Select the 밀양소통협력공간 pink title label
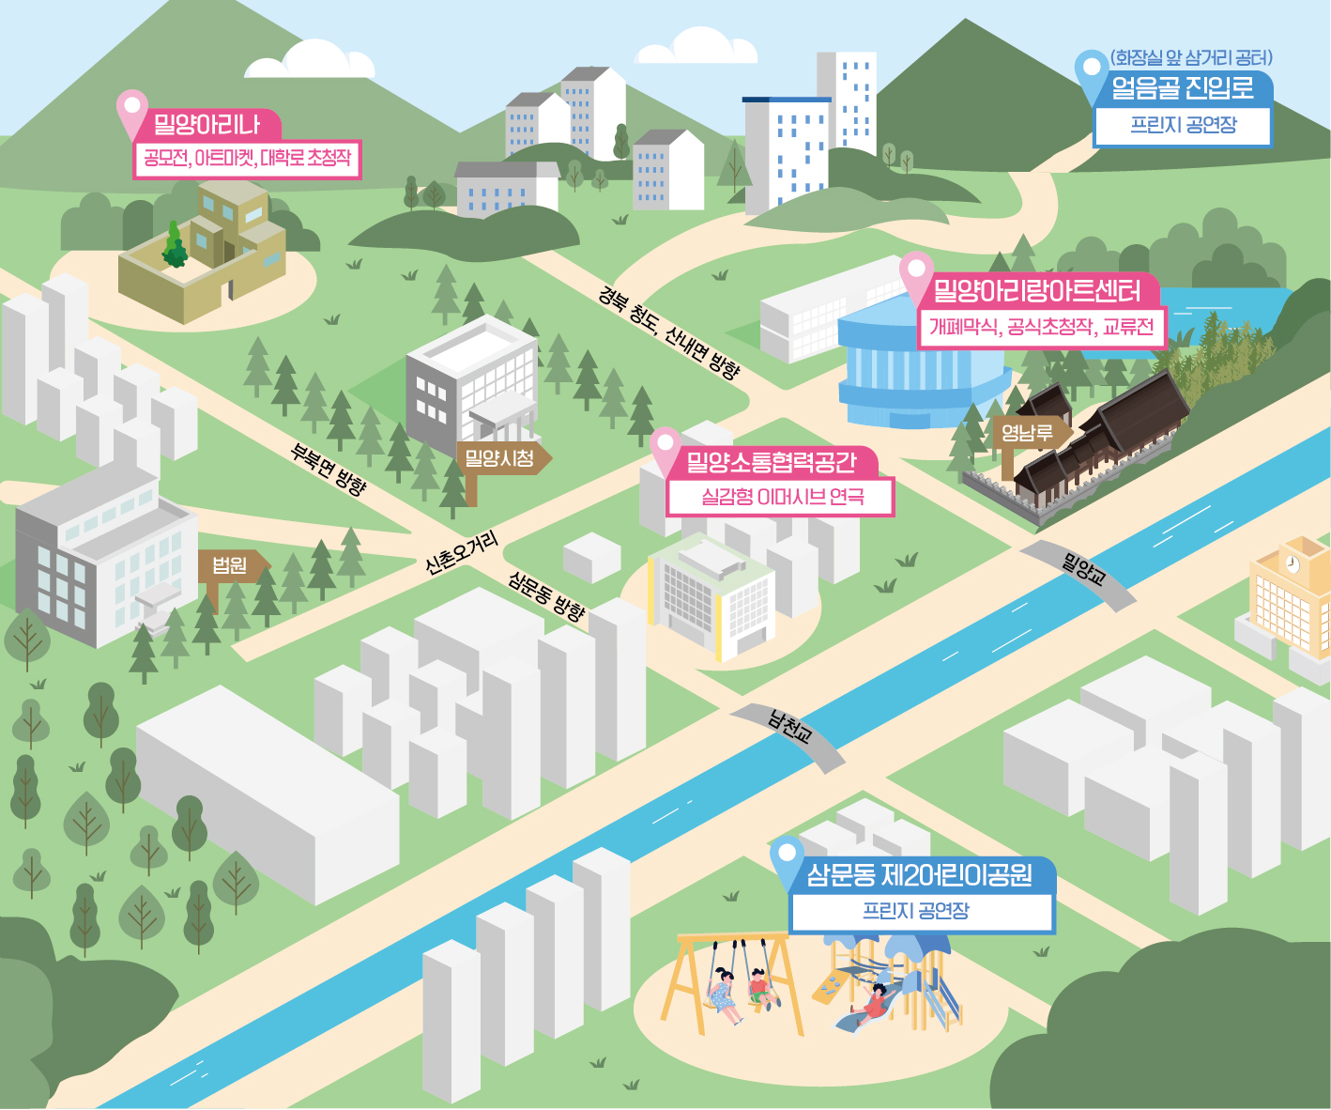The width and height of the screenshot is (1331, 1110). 773,461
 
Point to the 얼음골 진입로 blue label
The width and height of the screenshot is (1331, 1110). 1183,87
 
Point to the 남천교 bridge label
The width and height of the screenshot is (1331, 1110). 789,729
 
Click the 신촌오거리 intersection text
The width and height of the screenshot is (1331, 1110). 462,552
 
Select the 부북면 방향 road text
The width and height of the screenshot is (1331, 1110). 329,469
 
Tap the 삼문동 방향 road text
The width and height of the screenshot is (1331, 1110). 546,595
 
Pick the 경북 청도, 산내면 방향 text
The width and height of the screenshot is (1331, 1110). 668,332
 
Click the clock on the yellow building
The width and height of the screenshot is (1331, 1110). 1293,564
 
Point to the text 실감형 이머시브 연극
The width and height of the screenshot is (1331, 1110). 782,497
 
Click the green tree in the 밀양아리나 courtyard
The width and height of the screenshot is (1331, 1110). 174,246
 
